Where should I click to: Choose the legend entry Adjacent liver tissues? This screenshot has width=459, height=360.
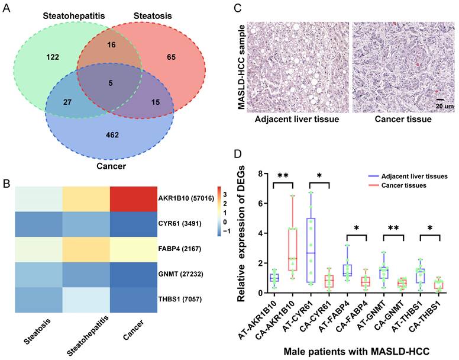pos(414,176)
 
